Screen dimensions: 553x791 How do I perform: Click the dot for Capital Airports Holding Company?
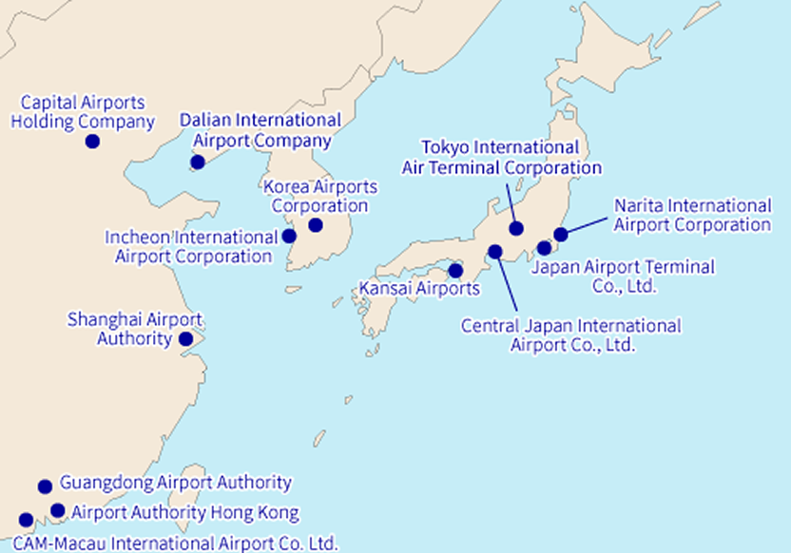(92, 142)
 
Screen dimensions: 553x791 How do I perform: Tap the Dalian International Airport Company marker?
(198, 162)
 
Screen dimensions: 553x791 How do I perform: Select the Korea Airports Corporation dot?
(316, 225)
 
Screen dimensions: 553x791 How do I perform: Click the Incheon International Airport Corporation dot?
(289, 236)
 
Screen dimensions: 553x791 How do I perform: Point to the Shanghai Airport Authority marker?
(185, 338)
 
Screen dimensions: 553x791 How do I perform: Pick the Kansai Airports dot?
(455, 271)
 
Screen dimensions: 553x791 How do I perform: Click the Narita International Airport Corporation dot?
(561, 234)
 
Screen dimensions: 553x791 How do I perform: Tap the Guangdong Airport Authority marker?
(45, 486)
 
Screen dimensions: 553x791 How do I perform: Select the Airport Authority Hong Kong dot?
(58, 511)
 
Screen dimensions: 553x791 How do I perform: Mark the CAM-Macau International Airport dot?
(26, 521)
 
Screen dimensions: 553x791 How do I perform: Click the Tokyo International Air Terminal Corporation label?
(502, 158)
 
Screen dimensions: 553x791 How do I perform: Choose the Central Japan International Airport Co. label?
(571, 334)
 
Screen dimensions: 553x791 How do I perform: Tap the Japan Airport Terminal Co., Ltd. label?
(623, 276)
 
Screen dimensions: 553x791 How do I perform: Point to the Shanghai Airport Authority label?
(134, 329)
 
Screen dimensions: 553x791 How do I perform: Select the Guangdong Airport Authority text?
(175, 484)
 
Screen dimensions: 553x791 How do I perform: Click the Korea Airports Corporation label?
(319, 196)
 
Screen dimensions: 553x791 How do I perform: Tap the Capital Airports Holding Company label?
(83, 112)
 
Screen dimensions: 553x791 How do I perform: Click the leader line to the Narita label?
(588, 225)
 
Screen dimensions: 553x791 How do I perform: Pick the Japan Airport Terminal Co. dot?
(544, 248)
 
